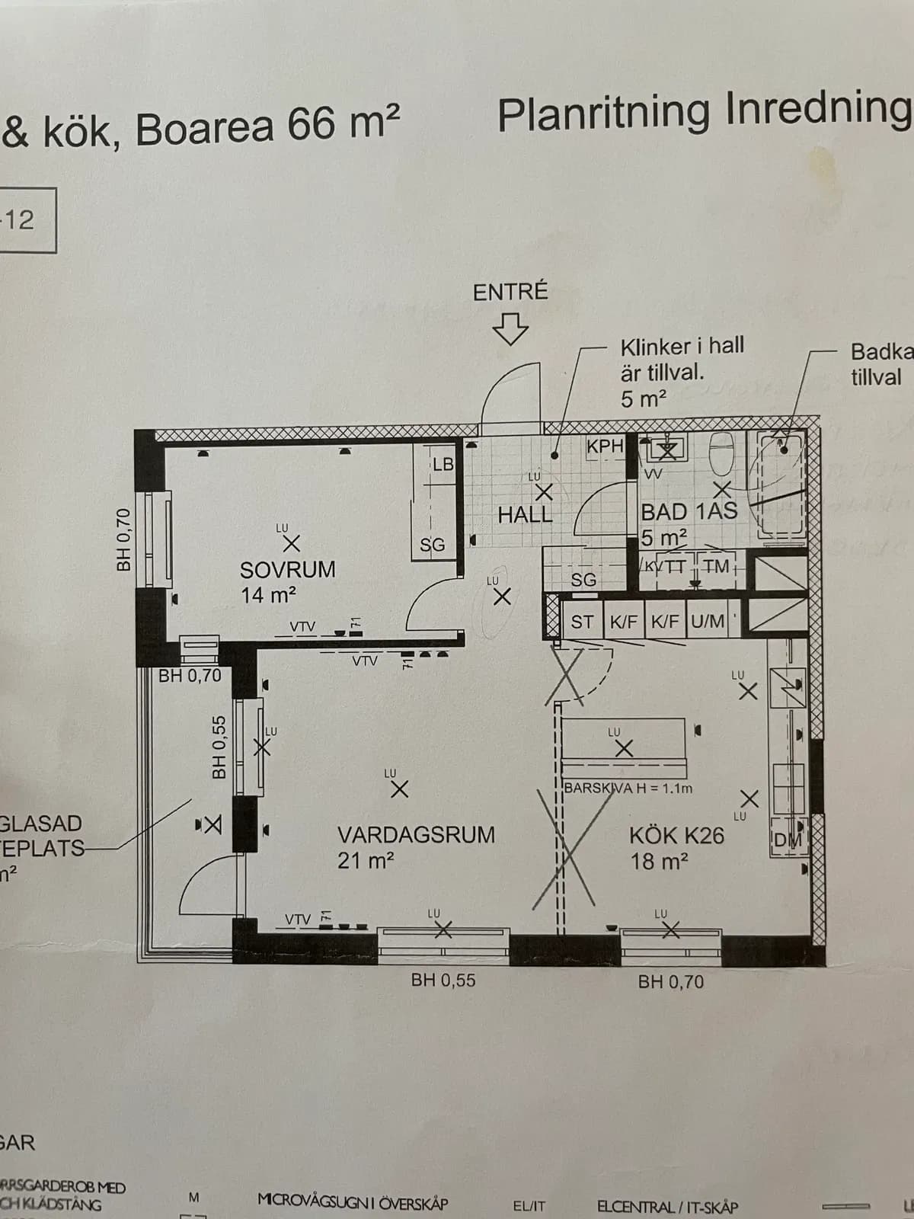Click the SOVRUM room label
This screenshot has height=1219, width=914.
point(287,570)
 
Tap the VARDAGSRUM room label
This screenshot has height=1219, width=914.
point(416,835)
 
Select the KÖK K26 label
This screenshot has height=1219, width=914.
point(676,836)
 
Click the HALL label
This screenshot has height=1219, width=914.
point(525,515)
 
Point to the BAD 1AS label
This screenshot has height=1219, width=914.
point(689,511)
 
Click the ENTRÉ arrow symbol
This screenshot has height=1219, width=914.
point(510,329)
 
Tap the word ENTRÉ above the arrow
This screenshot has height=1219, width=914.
point(510,293)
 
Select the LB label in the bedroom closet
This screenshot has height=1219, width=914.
point(443,464)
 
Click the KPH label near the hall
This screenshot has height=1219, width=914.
point(606,446)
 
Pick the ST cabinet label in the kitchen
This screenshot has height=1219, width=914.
point(582,622)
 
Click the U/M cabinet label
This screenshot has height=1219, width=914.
point(707,622)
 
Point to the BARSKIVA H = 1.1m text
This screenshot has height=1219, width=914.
point(628,789)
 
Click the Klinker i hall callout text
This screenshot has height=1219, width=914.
point(682,347)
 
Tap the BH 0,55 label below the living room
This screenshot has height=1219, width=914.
point(443,981)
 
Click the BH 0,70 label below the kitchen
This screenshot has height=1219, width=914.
point(671,981)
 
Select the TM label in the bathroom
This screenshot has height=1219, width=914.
point(716,566)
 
